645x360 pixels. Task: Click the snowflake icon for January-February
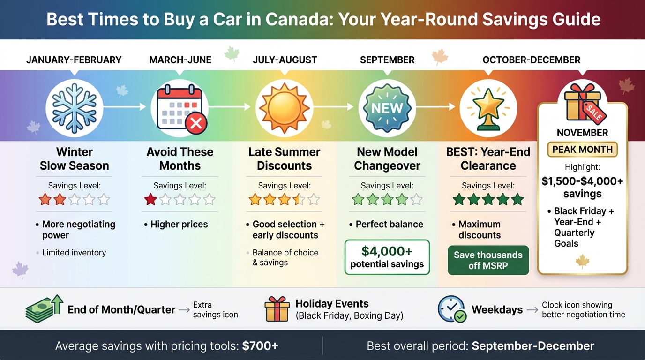pos(75,107)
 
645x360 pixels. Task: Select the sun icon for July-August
pos(284,107)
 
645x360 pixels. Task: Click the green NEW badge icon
pos(387,108)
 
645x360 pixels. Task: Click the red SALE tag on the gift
pos(593,112)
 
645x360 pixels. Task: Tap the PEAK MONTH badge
pos(582,150)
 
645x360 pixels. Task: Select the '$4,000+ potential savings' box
pos(387,257)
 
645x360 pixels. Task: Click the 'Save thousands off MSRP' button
pos(488,260)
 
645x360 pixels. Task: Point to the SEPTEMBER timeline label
pos(387,60)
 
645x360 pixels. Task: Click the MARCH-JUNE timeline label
pos(180,60)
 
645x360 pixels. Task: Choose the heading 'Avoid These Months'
pos(180,159)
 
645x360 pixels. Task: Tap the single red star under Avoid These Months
pos(150,200)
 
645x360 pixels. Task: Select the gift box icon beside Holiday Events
pos(277,309)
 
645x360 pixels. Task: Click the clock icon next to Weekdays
pos(451,309)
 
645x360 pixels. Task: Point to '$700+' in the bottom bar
pos(260,346)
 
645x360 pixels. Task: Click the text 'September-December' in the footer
pos(533,346)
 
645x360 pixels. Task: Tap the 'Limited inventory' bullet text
pos(74,253)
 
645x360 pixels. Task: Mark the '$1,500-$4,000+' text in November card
pos(582,181)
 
